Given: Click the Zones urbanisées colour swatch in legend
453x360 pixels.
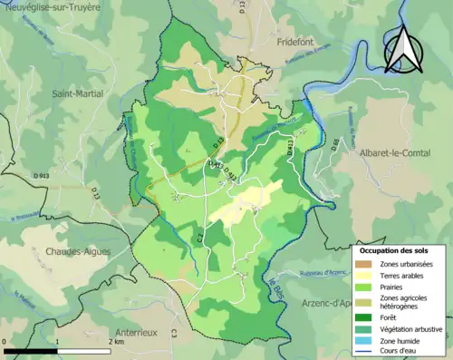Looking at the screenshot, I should click(364, 263).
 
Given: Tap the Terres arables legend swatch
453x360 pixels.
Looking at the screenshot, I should click(364, 275).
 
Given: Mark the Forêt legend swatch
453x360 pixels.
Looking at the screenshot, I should click(364, 316).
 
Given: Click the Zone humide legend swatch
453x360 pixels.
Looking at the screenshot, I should click(364, 340).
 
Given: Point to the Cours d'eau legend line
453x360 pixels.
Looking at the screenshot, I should click(364, 351).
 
